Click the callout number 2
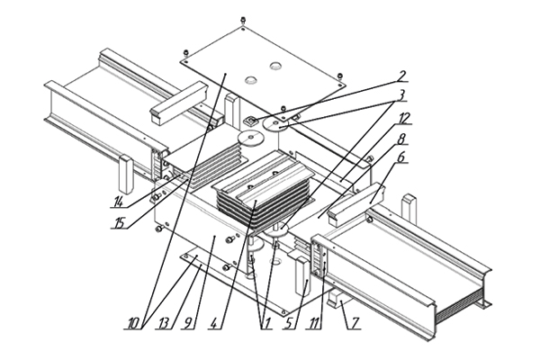(400, 76)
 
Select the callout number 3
(400, 95)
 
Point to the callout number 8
(400, 139)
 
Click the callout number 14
(118, 202)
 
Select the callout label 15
(119, 223)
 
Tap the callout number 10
(133, 324)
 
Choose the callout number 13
(164, 324)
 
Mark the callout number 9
(188, 324)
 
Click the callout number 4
(214, 324)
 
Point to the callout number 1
(265, 324)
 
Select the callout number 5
(290, 324)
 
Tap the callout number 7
(355, 324)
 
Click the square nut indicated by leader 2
(250, 121)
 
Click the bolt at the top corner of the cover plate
(243, 20)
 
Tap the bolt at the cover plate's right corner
(339, 76)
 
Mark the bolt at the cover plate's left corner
(185, 53)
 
